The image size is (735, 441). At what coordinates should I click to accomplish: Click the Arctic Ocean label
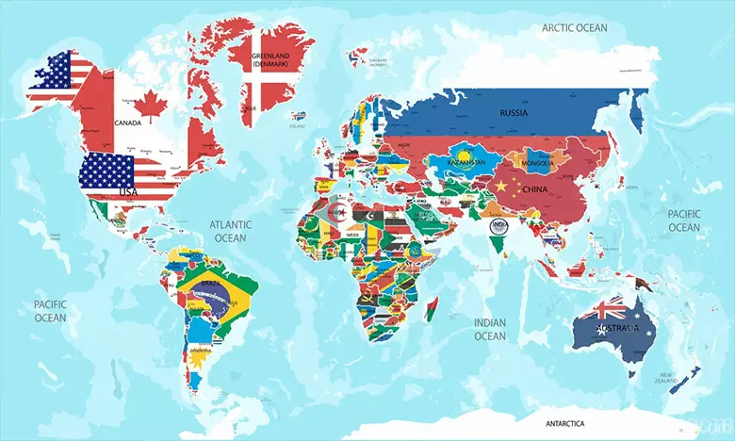[x=574, y=27]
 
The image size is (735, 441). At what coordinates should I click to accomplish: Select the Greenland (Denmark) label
[x=269, y=60]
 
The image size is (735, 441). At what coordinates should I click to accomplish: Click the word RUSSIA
[x=514, y=111]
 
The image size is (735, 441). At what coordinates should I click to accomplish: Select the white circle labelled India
[x=498, y=225]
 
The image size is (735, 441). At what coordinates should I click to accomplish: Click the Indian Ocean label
[x=489, y=329]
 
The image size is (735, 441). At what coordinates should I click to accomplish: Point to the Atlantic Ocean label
[x=231, y=231]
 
